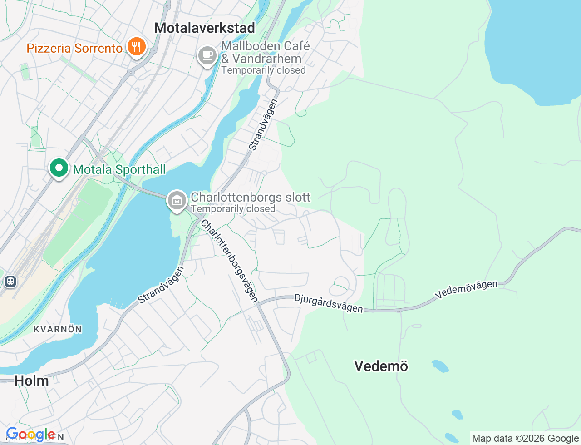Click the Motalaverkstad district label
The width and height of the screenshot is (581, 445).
204,28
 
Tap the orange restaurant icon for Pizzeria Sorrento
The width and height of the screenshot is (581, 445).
136,47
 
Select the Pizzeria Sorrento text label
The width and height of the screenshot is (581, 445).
74,48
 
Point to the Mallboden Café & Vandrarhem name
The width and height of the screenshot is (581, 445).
266,52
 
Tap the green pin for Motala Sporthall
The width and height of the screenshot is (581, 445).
59,168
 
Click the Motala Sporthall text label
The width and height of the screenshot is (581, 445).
119,169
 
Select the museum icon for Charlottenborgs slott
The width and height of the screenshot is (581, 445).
177,200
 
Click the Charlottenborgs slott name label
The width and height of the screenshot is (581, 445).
250,197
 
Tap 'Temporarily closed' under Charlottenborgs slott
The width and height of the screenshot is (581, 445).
233,209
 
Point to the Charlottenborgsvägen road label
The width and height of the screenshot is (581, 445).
229,261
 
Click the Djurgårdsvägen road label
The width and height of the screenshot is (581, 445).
329,303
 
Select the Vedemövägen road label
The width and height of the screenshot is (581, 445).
466,289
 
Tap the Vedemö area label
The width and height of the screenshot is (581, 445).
381,366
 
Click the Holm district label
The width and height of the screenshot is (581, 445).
31,381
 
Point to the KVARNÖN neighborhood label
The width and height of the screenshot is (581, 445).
58,329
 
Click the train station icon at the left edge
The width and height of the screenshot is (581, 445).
10,282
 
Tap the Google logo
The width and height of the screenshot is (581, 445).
30,435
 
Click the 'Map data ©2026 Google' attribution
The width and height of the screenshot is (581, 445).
525,438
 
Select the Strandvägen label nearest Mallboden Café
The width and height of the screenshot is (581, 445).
263,125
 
